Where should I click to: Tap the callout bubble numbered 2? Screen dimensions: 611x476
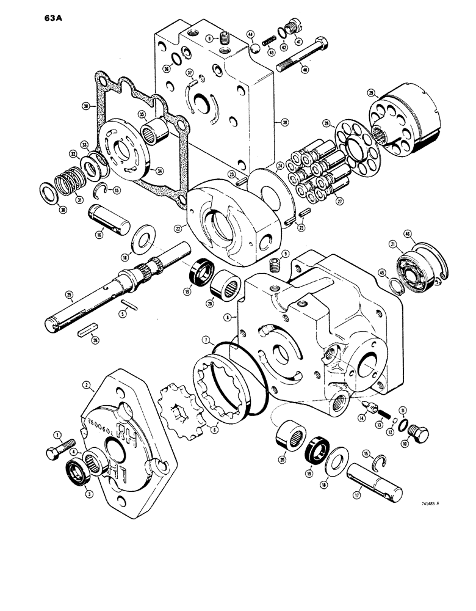tap(87, 385)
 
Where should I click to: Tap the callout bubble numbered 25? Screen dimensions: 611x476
tap(70, 297)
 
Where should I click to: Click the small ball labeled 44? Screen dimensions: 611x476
tap(251, 46)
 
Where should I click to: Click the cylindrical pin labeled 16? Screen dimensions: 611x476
tap(110, 218)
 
